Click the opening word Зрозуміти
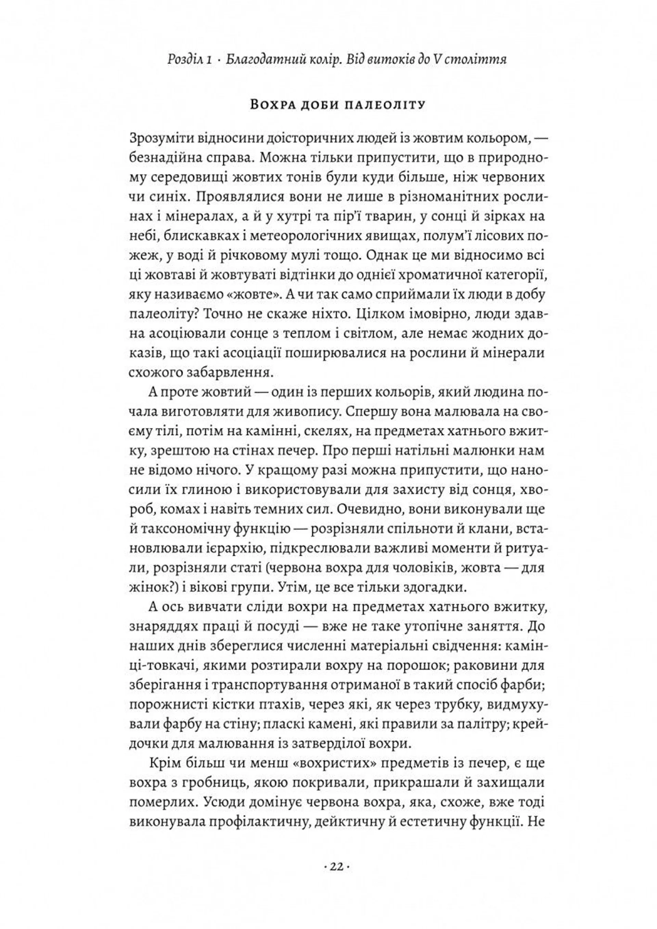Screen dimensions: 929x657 160,139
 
